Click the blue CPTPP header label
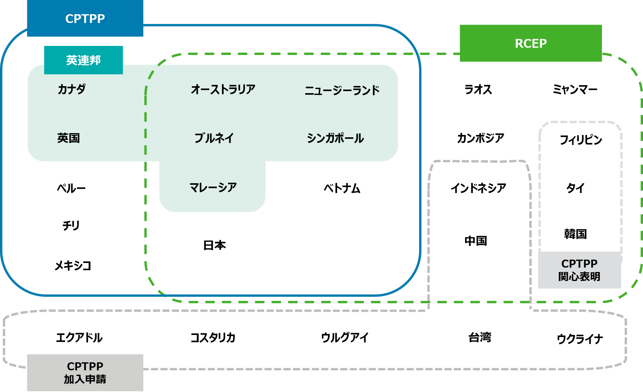click(85, 18)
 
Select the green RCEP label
click(530, 43)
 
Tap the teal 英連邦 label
click(83, 60)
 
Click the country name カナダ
click(72, 89)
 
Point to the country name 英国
click(69, 138)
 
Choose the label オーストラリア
click(223, 89)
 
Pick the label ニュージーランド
click(342, 91)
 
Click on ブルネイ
click(214, 138)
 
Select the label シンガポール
click(335, 138)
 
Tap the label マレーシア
click(213, 187)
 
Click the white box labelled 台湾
click(480, 337)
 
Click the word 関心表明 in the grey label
click(579, 277)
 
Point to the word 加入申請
click(85, 379)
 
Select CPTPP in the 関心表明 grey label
click(579, 264)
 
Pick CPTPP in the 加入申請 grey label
click(85, 366)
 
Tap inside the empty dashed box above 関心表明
click(580, 187)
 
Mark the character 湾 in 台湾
click(485, 337)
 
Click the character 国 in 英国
click(74, 138)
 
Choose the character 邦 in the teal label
click(95, 60)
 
